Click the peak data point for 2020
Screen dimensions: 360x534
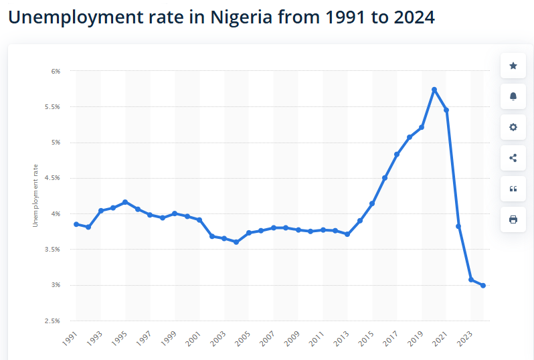click(x=434, y=90)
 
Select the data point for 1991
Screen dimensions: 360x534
click(x=76, y=224)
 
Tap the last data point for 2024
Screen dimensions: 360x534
click(x=483, y=286)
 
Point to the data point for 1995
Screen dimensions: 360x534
click(x=125, y=202)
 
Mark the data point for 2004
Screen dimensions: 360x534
click(x=236, y=242)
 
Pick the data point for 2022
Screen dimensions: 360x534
click(x=458, y=226)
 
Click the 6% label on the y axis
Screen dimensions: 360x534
click(x=56, y=71)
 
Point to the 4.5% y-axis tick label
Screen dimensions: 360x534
click(x=52, y=178)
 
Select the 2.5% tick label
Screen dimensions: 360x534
click(x=52, y=321)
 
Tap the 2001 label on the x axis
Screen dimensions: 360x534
click(x=194, y=339)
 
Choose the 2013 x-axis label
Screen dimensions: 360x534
click(x=342, y=339)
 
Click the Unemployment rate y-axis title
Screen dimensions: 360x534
click(x=35, y=194)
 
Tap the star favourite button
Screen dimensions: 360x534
click(x=513, y=66)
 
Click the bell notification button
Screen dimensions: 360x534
click(x=513, y=96)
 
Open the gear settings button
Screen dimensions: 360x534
click(x=513, y=127)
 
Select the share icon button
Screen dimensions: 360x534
click(x=513, y=158)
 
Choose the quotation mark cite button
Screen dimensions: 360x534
click(x=513, y=189)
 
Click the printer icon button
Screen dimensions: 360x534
click(x=513, y=219)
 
